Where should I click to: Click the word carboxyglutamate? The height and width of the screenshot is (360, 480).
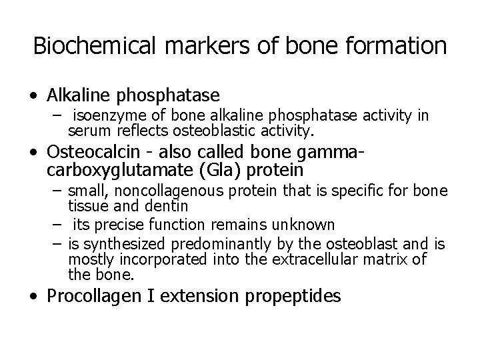(x=115, y=171)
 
